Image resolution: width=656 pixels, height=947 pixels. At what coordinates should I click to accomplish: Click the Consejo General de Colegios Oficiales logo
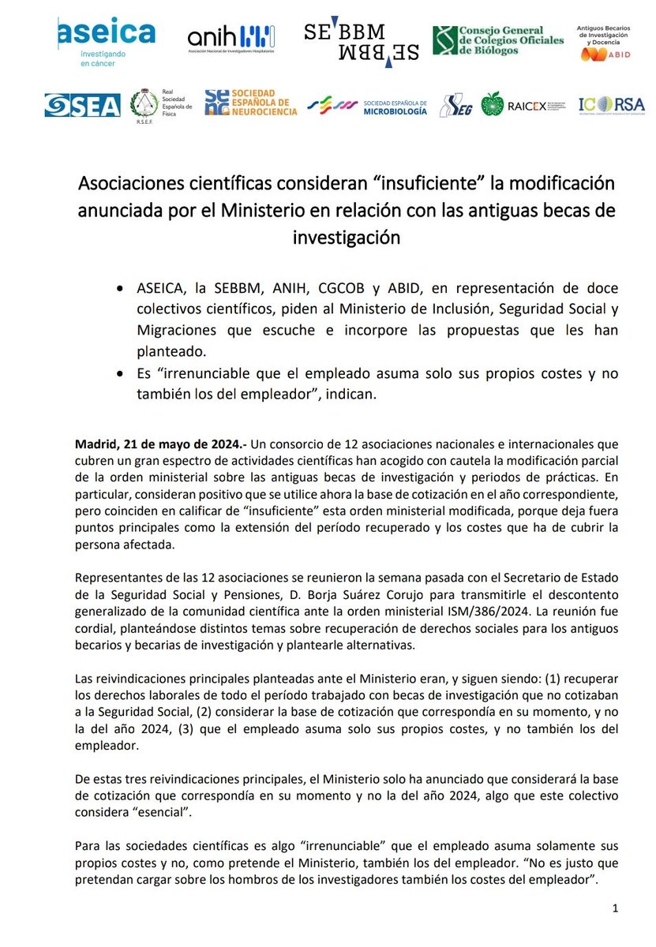click(498, 40)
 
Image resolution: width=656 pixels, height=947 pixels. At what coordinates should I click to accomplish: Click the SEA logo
click(82, 105)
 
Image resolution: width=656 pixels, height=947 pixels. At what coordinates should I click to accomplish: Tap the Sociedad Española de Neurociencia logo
click(250, 103)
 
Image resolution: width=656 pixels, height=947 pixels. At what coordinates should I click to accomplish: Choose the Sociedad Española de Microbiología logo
click(367, 106)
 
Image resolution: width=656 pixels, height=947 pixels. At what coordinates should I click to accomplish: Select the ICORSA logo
click(609, 104)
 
